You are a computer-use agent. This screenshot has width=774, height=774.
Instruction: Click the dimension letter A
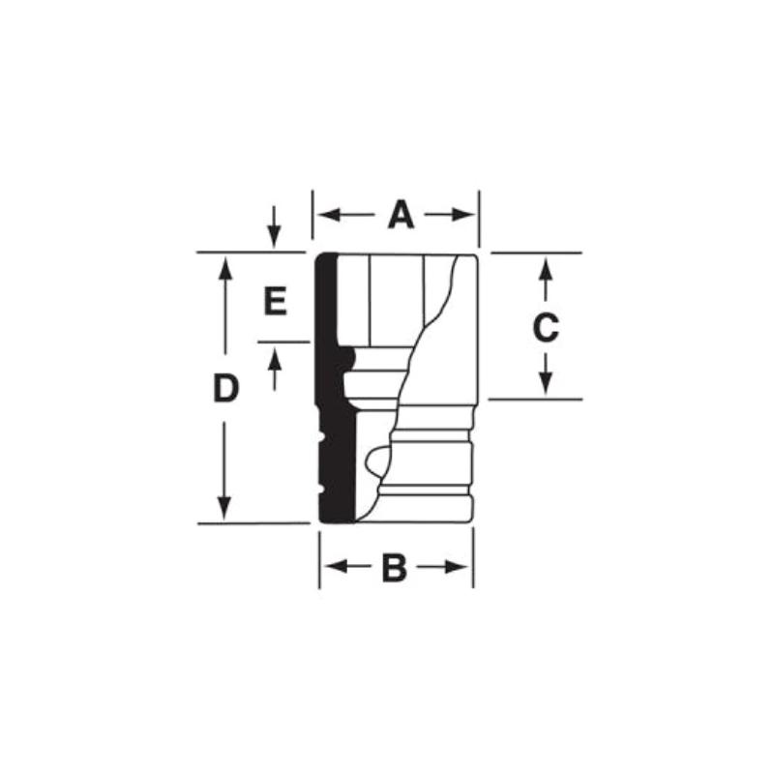(x=401, y=215)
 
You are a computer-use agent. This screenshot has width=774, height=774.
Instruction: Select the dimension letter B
(x=394, y=568)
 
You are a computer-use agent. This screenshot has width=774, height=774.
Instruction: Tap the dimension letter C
(x=546, y=328)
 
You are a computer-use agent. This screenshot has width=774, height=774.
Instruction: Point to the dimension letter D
(x=225, y=389)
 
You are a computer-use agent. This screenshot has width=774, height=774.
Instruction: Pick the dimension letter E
(x=276, y=303)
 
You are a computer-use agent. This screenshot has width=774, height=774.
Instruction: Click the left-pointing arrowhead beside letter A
(x=324, y=215)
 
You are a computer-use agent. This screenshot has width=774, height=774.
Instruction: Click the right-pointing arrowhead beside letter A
(x=467, y=215)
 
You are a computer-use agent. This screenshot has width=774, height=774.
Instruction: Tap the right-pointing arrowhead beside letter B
(x=461, y=567)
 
